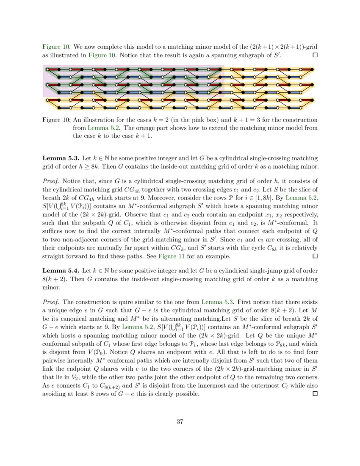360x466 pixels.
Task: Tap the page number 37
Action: tap(180, 422)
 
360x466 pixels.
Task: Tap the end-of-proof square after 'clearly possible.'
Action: tap(314, 394)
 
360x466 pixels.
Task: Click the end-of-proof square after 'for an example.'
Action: tap(314, 256)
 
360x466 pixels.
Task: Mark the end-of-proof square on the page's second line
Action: tap(314, 55)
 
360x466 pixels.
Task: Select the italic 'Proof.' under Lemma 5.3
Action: tap(52, 176)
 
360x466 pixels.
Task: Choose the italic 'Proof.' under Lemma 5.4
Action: tap(52, 302)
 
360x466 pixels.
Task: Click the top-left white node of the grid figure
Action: tap(47, 69)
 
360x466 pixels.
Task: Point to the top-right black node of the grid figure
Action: tap(313, 69)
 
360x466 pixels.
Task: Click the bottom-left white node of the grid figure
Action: tap(47, 100)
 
